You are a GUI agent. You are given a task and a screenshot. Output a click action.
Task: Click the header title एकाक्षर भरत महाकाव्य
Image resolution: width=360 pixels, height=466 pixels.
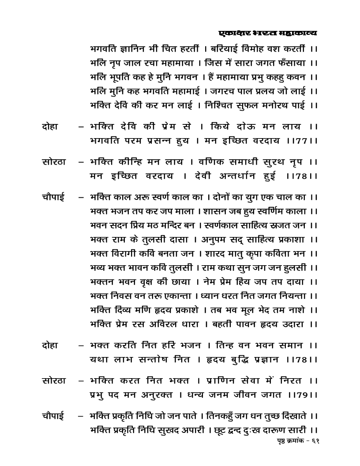click(x=268, y=33)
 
